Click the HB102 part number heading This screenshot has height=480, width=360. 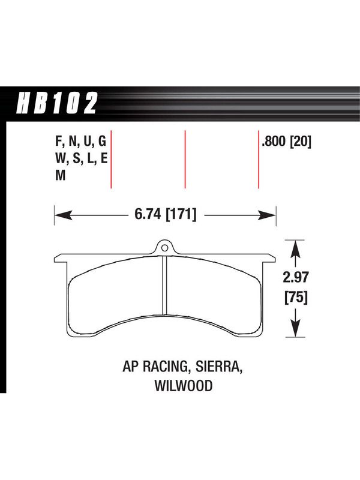point(57,103)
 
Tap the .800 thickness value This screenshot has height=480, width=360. point(274,142)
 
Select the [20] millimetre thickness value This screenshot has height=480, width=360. point(301,142)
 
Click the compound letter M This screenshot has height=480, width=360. point(61,175)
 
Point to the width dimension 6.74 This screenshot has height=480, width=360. point(148,214)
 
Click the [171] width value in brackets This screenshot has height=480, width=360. point(181,214)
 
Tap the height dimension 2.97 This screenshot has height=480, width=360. point(295,277)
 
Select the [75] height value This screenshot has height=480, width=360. point(296,297)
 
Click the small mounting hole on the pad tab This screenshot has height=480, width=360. point(164,247)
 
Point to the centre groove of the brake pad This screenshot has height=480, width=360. point(164,285)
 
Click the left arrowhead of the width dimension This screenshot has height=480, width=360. point(64,215)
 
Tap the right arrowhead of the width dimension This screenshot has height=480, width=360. point(267,215)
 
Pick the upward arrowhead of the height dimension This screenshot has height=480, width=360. point(295,249)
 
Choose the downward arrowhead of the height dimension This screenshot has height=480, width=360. point(295,328)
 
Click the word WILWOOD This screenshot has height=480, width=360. point(184,386)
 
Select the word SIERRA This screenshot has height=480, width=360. point(219,367)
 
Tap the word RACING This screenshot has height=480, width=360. point(166,367)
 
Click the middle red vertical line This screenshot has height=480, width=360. point(185,159)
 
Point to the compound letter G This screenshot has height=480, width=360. point(102,142)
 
